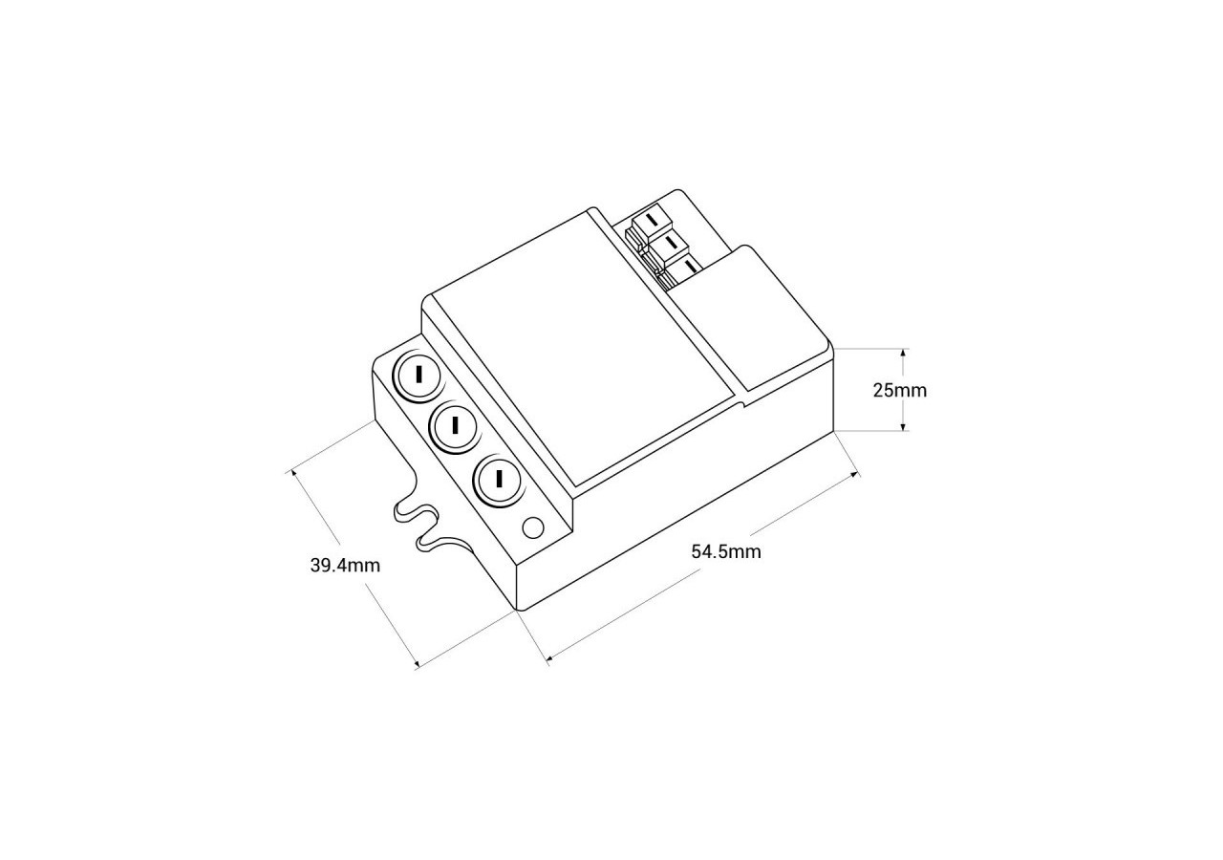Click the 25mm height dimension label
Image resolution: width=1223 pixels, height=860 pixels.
899,390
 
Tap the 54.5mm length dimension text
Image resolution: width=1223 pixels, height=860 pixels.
726,551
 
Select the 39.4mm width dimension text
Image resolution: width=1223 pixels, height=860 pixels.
345,565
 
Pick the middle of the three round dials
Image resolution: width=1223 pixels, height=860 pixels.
455,425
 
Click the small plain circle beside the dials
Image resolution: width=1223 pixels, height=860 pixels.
534,527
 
